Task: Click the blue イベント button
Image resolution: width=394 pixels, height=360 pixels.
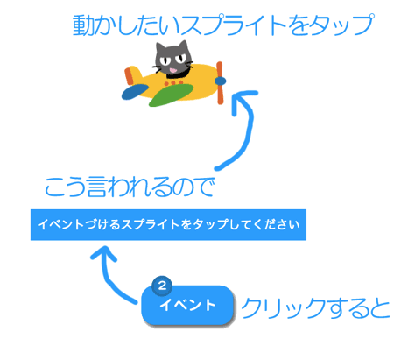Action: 187,305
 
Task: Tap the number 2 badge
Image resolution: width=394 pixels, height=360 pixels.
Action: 162,286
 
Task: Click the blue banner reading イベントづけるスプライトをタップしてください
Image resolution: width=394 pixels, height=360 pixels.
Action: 168,225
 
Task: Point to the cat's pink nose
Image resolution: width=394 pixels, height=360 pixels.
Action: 173,70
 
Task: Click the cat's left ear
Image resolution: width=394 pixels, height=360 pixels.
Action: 160,48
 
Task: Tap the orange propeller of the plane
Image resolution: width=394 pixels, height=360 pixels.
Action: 220,83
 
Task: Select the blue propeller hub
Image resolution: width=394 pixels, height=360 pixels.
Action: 220,81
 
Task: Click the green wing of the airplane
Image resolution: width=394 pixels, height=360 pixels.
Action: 172,95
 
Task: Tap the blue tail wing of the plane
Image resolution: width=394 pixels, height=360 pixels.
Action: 135,92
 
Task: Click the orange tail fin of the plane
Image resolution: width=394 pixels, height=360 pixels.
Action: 130,76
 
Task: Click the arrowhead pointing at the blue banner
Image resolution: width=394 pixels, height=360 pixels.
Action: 104,253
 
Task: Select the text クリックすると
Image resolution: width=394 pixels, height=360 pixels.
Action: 315,308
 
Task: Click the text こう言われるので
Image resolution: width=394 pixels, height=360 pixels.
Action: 130,187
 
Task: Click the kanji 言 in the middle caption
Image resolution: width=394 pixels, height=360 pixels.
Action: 97,187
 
